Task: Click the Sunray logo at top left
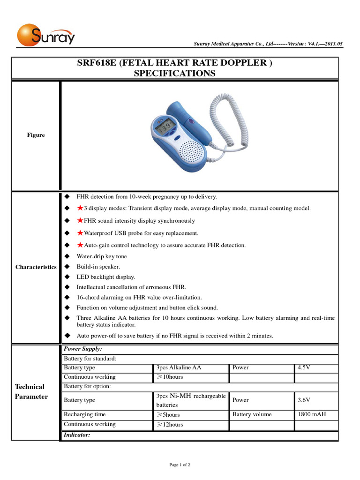(45, 36)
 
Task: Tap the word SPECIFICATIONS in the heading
(175, 74)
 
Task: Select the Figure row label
(36, 135)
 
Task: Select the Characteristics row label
(36, 267)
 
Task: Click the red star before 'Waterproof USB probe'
(80, 233)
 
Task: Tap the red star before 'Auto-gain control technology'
(80, 245)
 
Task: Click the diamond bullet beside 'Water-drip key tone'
(67, 256)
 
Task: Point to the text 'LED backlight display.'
(106, 277)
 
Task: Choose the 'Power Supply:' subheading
(82, 349)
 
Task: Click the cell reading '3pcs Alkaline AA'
(179, 368)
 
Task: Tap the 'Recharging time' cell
(85, 414)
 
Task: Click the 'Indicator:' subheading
(76, 435)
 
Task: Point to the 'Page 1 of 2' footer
(180, 465)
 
